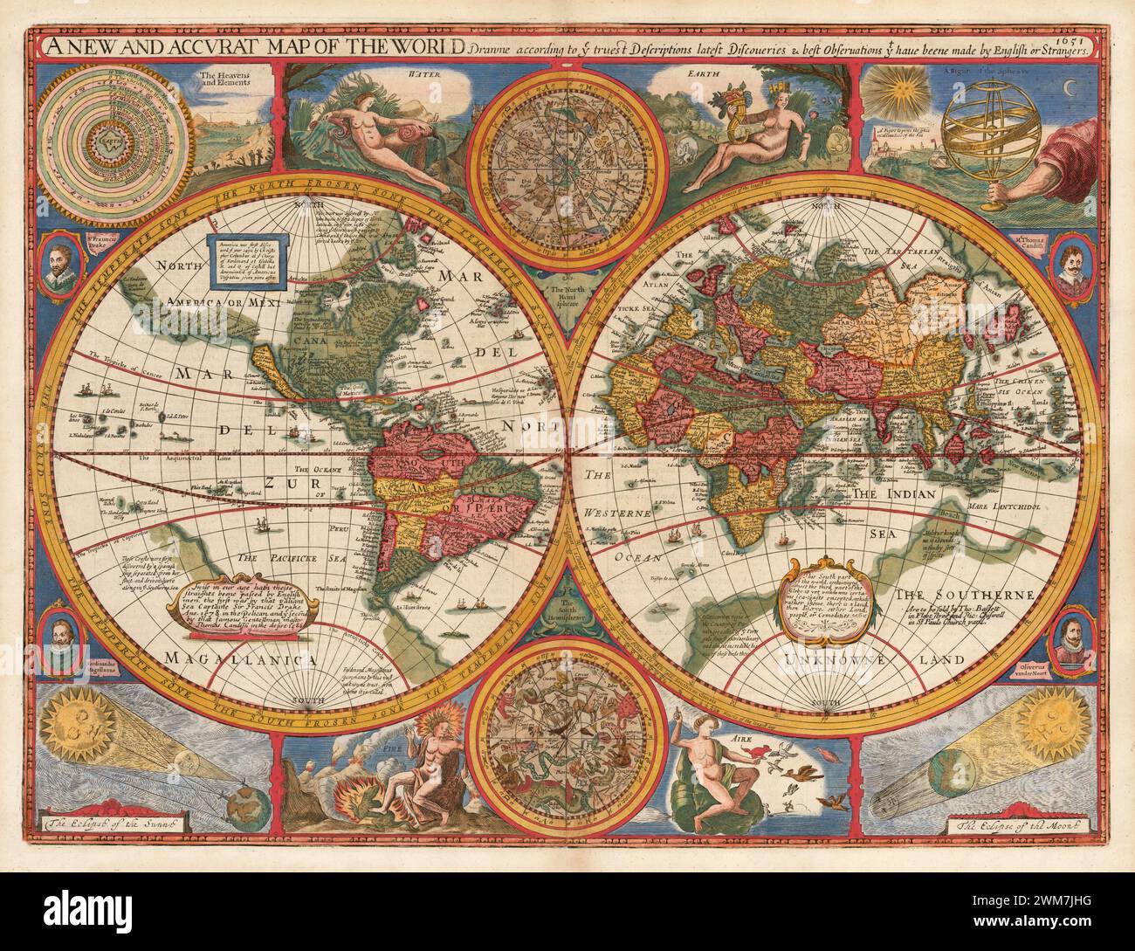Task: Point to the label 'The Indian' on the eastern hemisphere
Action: tap(894, 493)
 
